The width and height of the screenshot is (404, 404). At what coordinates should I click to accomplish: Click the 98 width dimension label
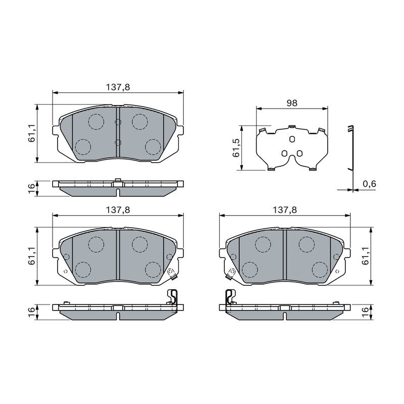pos(292,103)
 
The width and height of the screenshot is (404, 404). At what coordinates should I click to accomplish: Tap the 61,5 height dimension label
pos(236,148)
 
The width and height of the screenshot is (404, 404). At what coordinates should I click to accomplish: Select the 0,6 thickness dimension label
pos(369,184)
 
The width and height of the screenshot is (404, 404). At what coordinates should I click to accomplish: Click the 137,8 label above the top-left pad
pos(118,87)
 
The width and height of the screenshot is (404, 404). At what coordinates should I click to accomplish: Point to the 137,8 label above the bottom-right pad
pos(285,210)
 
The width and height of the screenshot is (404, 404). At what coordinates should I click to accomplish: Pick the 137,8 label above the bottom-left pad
pos(118,210)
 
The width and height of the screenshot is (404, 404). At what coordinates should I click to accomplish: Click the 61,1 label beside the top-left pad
pos(32,133)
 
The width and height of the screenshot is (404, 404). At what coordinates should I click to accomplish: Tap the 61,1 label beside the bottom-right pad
pos(365,256)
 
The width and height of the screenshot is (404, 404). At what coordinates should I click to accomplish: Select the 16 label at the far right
pos(365,312)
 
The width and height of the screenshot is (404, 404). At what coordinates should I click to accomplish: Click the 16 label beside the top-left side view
pos(32,188)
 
